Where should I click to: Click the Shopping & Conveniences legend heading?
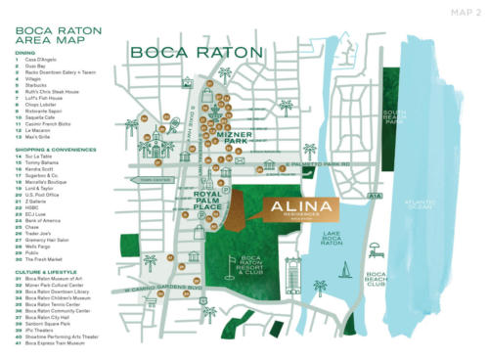point(59,150)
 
